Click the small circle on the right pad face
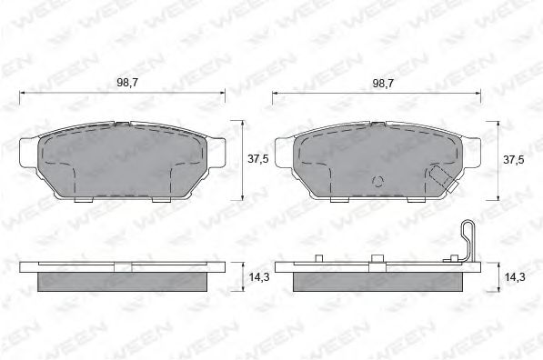click(x=377, y=180)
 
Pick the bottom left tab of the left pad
click(x=83, y=197)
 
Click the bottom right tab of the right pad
click(x=417, y=197)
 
